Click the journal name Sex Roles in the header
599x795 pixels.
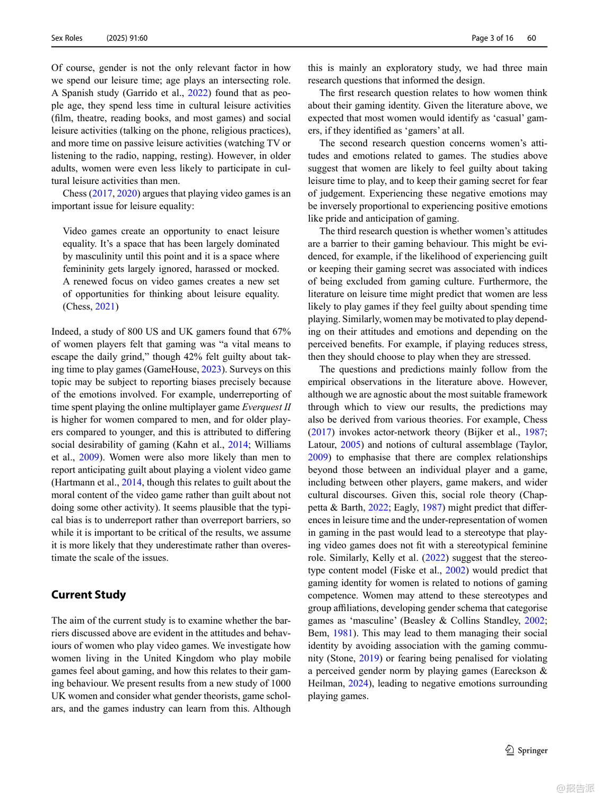point(67,38)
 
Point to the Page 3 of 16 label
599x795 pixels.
point(492,38)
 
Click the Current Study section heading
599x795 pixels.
point(89,595)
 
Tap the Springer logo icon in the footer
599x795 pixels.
point(509,750)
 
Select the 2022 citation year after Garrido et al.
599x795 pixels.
point(198,93)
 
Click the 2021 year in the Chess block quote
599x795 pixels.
point(105,306)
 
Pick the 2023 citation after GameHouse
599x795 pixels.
point(211,369)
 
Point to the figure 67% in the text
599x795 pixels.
point(281,332)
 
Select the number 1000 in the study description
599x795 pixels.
point(281,683)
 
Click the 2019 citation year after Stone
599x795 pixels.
point(369,658)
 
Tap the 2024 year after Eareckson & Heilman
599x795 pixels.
point(358,683)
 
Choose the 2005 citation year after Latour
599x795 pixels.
point(351,445)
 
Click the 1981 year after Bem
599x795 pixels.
point(343,633)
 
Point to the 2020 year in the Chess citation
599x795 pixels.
point(127,193)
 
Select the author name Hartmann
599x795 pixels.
point(74,482)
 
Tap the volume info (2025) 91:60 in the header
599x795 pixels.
point(127,38)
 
